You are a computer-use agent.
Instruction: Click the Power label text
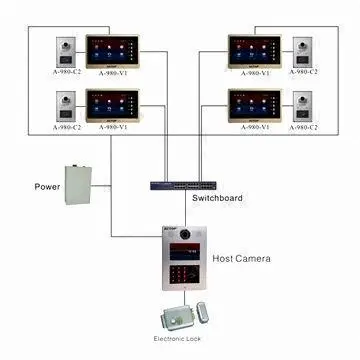[47, 186]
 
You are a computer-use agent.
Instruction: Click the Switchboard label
[217, 198]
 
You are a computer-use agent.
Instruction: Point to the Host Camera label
[241, 258]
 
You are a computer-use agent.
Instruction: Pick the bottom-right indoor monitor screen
[254, 104]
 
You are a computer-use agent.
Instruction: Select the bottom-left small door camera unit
[67, 105]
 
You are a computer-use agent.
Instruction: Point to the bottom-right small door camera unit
[303, 105]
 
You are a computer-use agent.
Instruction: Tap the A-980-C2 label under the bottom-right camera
[303, 127]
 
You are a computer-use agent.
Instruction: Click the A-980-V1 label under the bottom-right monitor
[254, 127]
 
